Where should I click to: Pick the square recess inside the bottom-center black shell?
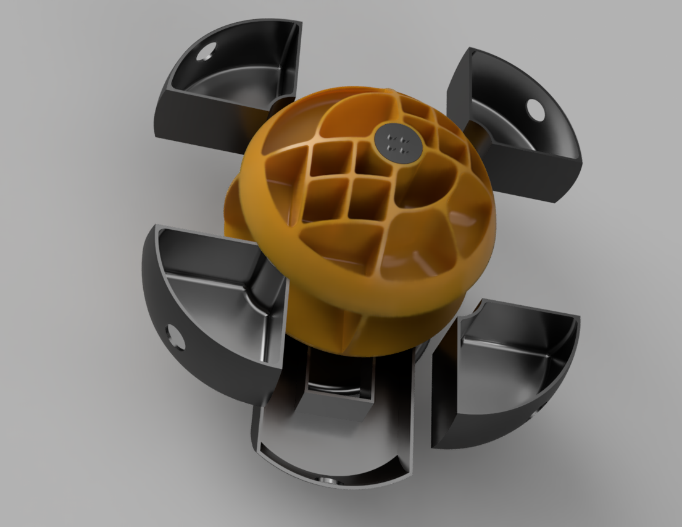click(339, 377)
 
